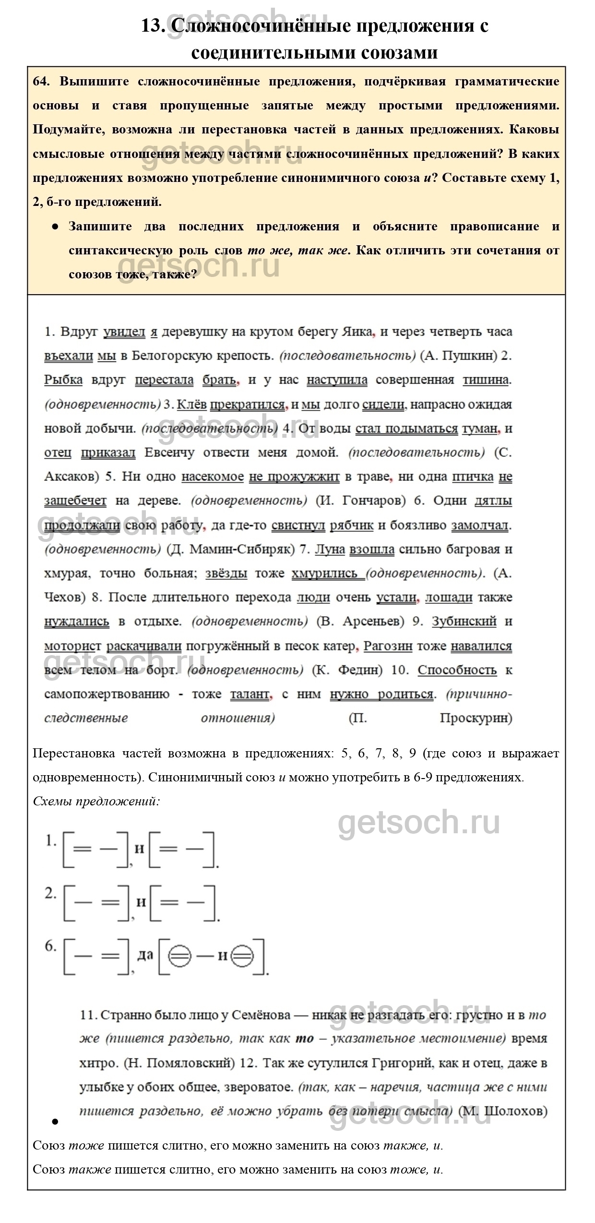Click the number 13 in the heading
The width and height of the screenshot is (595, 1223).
[153, 25]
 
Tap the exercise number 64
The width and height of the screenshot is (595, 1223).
[41, 82]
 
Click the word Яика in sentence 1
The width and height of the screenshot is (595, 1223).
[356, 332]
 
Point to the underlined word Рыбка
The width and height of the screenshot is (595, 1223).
[63, 380]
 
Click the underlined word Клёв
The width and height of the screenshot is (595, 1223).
[191, 404]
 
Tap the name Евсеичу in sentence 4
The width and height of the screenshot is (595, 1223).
[169, 452]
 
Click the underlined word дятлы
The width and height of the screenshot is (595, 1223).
[493, 501]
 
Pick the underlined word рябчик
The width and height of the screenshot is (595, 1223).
[351, 525]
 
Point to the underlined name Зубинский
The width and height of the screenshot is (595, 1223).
[464, 622]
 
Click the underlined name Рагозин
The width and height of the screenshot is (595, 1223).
[388, 646]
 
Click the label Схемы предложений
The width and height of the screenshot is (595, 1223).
[96, 802]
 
